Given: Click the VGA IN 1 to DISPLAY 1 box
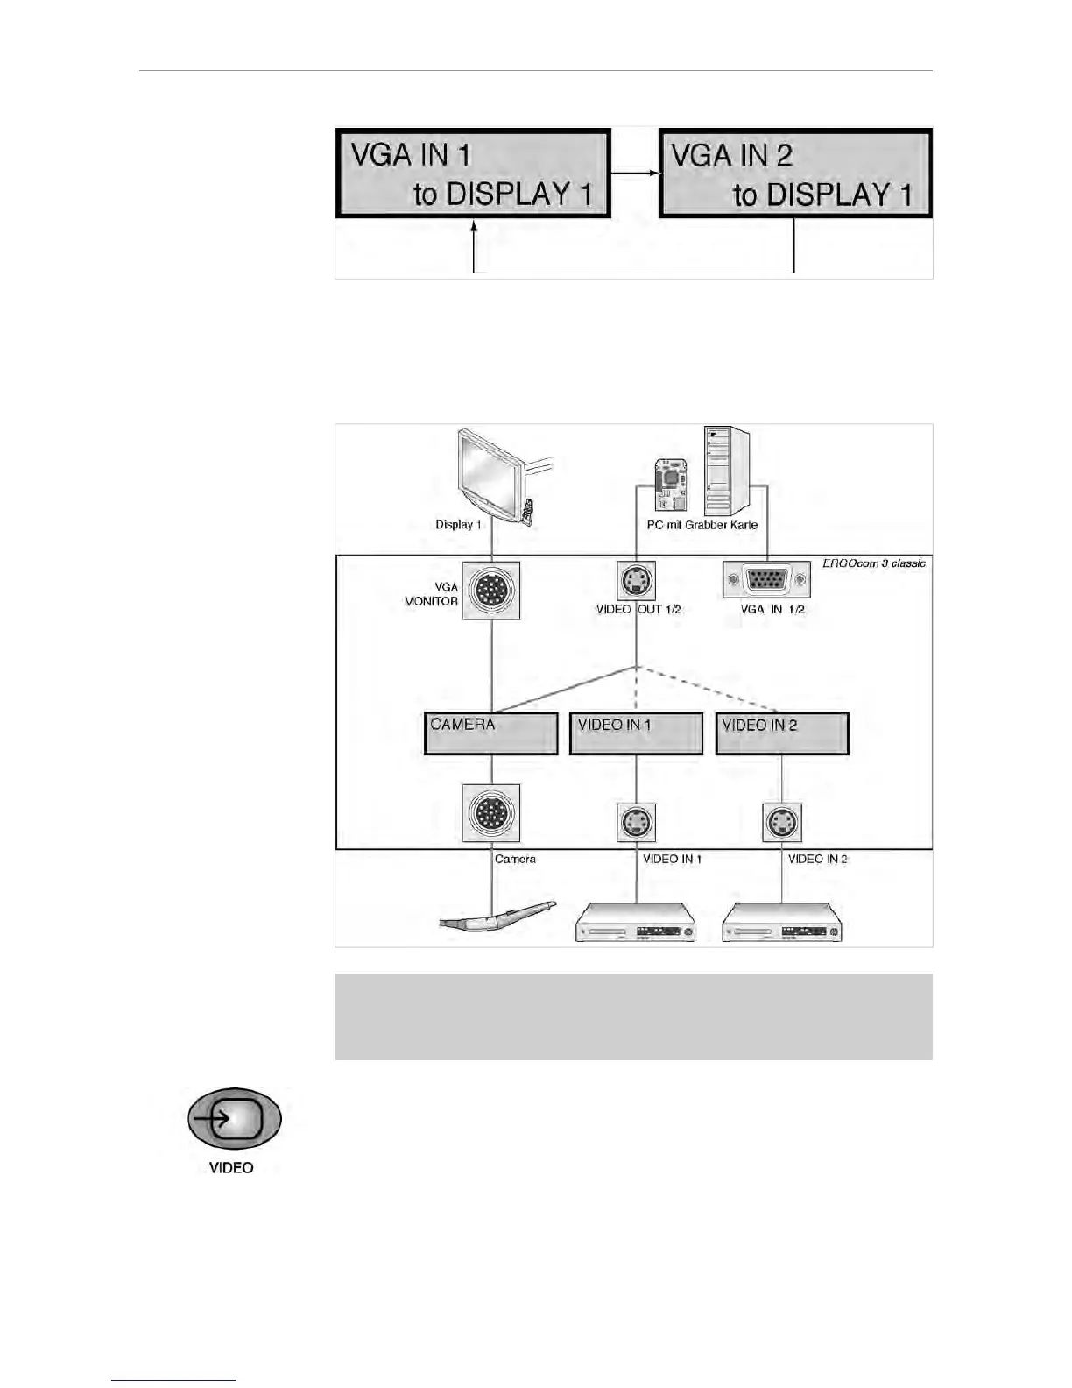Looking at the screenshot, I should pos(472,173).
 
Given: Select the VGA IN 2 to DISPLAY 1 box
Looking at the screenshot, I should pos(793,173).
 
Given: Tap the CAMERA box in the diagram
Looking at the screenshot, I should pos(490,733).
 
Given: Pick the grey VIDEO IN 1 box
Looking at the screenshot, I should pos(636,733).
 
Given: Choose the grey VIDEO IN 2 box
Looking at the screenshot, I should pos(782,733).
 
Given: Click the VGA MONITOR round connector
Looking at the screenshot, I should pos(491,591).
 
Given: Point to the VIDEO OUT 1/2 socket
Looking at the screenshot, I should pos(636,580).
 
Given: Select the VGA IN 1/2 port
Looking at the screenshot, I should pos(766,580).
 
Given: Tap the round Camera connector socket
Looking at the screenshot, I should pos(491,813).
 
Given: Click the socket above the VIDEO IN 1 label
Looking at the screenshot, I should pos(636,822).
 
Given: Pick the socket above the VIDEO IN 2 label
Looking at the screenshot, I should pos(782,822).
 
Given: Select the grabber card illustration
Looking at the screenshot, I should pos(671,485).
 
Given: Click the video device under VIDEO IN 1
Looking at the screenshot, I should pos(635,924).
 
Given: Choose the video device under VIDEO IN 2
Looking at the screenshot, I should pos(781,924).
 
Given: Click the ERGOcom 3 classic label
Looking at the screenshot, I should pos(873,563).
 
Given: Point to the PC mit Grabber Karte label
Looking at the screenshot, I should pos(702,525).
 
